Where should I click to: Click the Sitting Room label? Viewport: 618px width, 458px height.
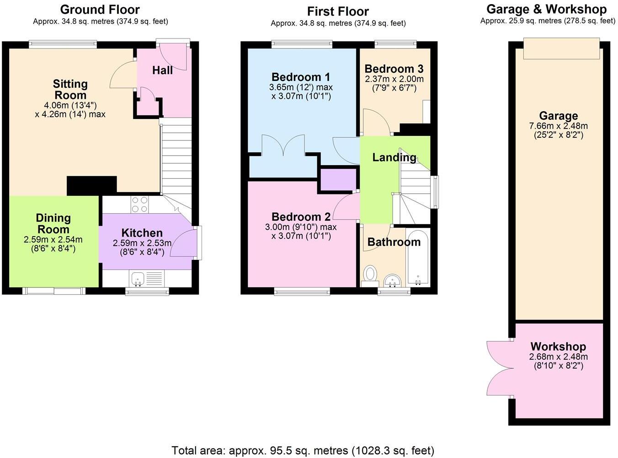coord(70,90)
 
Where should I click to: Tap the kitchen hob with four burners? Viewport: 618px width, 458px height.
coord(139,205)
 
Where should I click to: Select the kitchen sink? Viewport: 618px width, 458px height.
coord(138,277)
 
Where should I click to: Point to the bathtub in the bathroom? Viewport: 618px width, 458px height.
coord(417,259)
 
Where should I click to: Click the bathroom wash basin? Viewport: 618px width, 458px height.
coord(392,279)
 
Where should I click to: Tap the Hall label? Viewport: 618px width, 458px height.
coord(162,70)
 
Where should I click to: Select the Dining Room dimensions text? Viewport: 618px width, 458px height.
coord(53,244)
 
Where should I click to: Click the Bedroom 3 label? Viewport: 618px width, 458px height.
coord(394,69)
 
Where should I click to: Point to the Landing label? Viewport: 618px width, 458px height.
coord(394,158)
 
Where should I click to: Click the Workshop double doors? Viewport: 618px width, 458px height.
coord(499,368)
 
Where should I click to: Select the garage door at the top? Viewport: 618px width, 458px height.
coord(561,48)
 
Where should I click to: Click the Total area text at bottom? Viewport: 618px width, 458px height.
coord(303,450)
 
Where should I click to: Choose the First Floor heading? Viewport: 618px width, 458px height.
coord(338,11)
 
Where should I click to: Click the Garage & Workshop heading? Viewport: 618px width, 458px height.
coord(546,9)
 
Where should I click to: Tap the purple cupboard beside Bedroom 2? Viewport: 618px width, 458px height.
coord(338,179)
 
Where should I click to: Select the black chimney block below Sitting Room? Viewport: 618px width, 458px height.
coord(91,185)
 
